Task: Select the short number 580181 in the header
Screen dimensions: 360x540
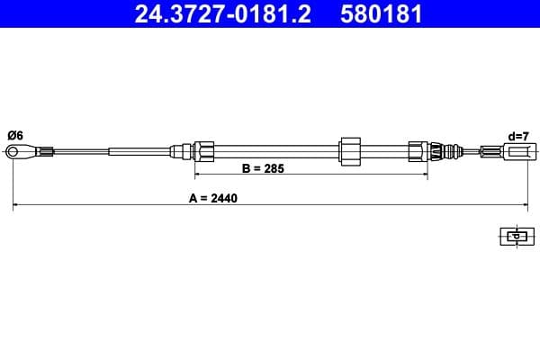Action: [x=382, y=14]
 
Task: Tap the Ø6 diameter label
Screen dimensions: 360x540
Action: [x=14, y=135]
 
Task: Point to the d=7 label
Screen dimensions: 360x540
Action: [x=517, y=136]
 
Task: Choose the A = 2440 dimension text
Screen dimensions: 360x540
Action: [x=213, y=198]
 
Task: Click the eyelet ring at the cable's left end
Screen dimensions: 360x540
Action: [x=15, y=151]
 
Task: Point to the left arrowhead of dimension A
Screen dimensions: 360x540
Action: [x=16, y=207]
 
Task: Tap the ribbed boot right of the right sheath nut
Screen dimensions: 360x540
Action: [x=438, y=150]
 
